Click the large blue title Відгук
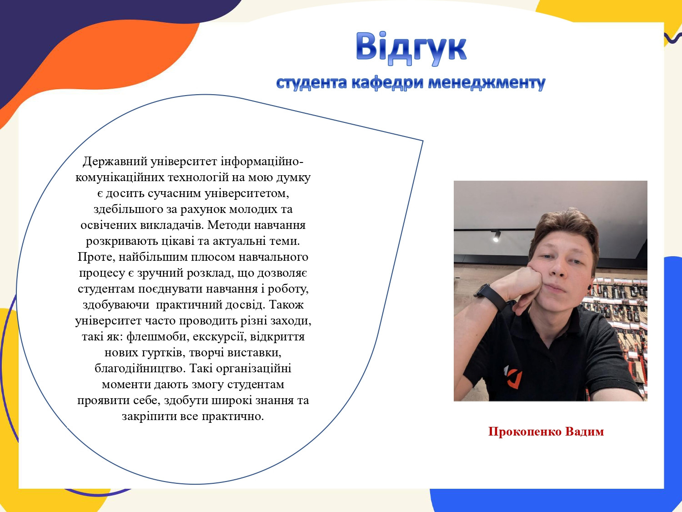tap(411, 48)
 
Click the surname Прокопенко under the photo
tap(525, 431)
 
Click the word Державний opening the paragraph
tap(115, 162)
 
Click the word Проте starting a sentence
tap(96, 257)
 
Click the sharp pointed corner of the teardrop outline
tap(423, 141)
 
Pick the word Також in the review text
tap(286, 305)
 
